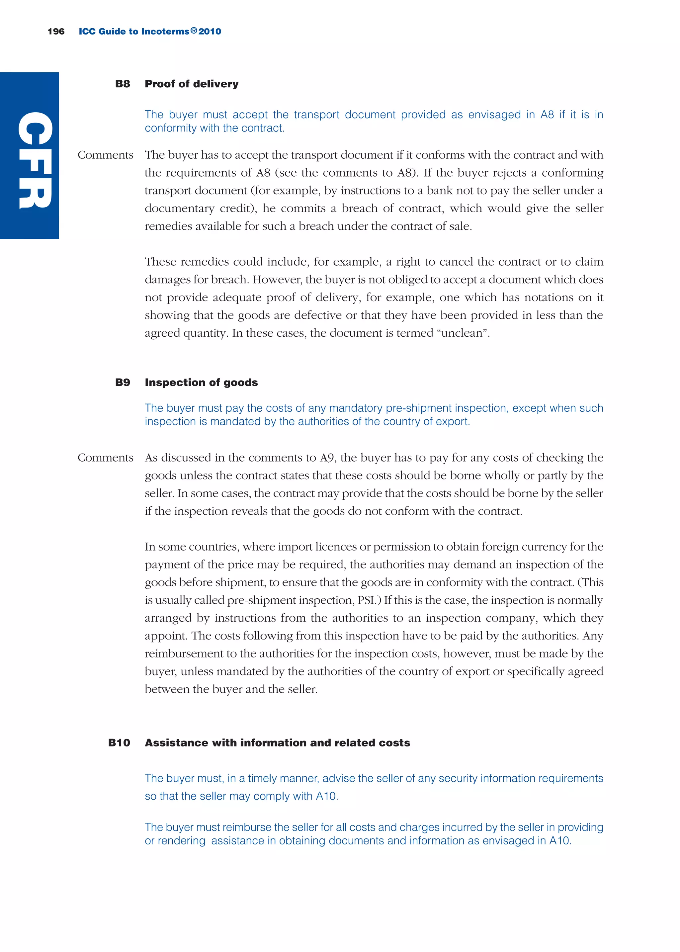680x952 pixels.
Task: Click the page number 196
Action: (x=56, y=32)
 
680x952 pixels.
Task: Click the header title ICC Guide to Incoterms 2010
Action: (x=149, y=32)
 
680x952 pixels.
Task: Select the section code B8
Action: (x=122, y=84)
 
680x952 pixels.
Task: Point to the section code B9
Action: (x=122, y=382)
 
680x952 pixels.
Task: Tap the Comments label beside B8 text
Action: (x=106, y=155)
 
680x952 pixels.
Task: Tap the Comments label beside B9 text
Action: (x=106, y=458)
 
